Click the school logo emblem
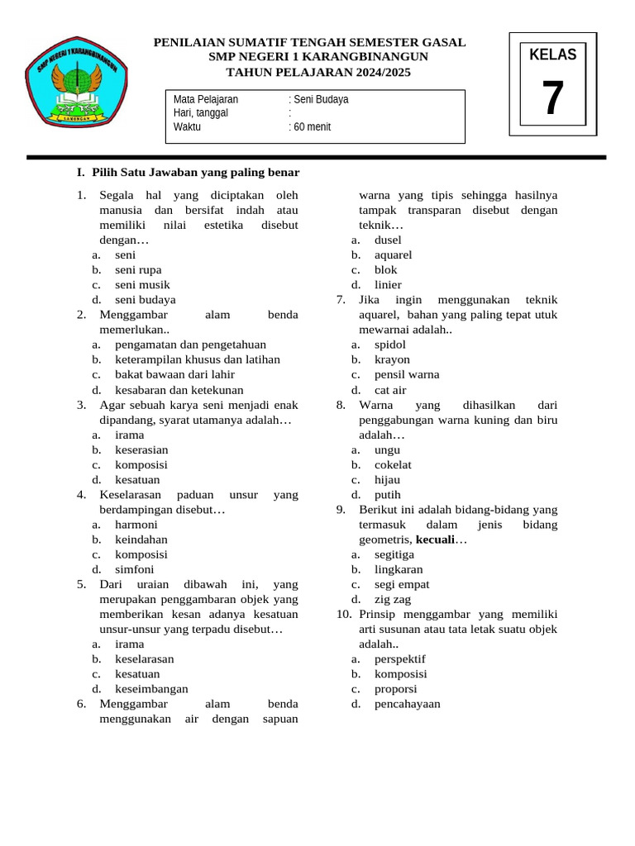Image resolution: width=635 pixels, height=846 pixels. click(x=76, y=82)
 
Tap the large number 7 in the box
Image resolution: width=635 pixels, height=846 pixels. click(x=553, y=98)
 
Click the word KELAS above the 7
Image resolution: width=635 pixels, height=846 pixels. click(x=553, y=55)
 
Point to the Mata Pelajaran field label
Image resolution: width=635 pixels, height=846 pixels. click(x=206, y=99)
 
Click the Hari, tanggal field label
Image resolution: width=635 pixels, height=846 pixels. click(x=201, y=113)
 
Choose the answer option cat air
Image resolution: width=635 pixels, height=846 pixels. click(x=390, y=390)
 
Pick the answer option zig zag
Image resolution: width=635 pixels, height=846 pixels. click(x=393, y=599)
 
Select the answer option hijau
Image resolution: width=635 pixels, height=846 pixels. click(x=387, y=479)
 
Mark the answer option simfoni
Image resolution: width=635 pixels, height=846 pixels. click(x=134, y=569)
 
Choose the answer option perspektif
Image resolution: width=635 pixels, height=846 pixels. click(x=400, y=659)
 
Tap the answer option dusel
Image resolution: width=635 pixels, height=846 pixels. click(x=388, y=240)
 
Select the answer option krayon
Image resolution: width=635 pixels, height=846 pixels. click(x=392, y=359)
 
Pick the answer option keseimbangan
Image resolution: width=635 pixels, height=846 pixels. click(x=151, y=688)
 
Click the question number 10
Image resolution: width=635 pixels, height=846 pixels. click(x=344, y=614)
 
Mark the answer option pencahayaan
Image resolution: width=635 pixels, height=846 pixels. click(x=408, y=704)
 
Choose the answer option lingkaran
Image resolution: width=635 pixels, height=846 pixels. click(x=399, y=569)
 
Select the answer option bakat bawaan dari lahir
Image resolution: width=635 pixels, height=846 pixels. click(x=174, y=374)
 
